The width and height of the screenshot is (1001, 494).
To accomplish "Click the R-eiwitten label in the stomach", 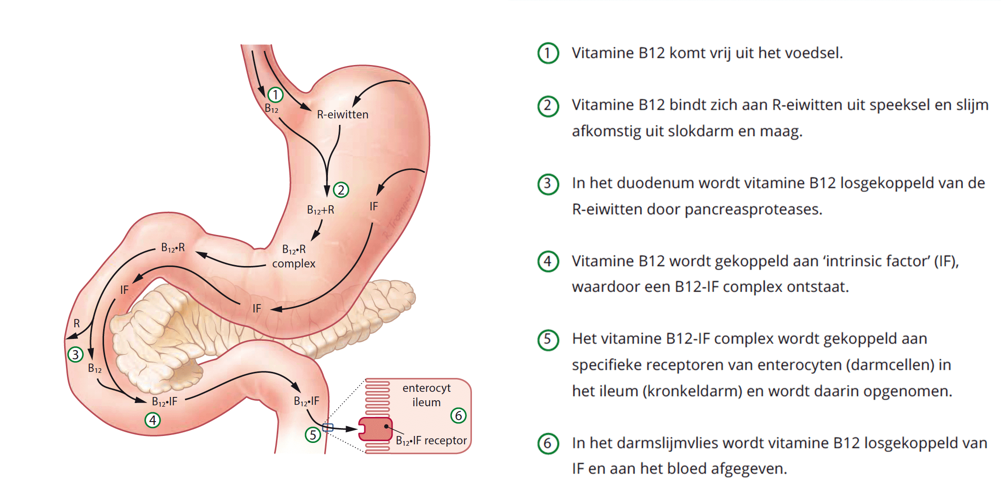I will click(x=342, y=115).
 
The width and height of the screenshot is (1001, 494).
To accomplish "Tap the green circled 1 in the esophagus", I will click(x=275, y=95).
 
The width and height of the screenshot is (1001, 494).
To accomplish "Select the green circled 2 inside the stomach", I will click(x=341, y=190).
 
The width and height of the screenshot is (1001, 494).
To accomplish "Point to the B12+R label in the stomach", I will click(x=321, y=210).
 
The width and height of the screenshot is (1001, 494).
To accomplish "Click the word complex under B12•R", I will click(x=294, y=264).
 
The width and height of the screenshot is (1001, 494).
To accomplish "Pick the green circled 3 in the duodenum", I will click(x=75, y=355).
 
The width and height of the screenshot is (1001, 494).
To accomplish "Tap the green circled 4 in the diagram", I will click(x=153, y=421).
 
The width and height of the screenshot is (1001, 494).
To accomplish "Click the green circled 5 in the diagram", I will click(x=313, y=435).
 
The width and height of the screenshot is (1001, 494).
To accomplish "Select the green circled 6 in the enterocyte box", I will click(x=458, y=416).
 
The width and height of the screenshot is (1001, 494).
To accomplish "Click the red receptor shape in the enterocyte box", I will click(x=375, y=429).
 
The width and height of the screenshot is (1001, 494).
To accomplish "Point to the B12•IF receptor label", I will click(x=431, y=441).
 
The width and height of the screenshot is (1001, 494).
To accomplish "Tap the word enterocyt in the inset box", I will click(x=426, y=388).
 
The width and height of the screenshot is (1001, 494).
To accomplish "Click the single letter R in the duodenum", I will click(x=77, y=323).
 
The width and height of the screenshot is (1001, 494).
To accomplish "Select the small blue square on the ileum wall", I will click(x=328, y=428).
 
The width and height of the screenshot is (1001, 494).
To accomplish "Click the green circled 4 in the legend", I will click(x=548, y=261).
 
